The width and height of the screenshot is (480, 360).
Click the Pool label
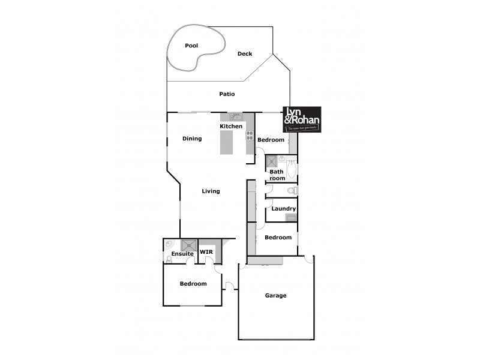[191, 46]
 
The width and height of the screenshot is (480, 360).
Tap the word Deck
[245, 54]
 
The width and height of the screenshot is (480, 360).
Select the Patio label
[227, 94]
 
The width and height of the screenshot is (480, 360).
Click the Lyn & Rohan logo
[302, 119]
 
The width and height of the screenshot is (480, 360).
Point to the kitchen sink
[236, 116]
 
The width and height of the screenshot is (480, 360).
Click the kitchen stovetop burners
[250, 136]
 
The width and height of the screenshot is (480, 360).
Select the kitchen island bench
[226, 143]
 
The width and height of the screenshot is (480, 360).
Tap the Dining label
[192, 139]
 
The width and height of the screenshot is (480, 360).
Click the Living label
[211, 191]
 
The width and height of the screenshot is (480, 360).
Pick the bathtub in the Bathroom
[292, 170]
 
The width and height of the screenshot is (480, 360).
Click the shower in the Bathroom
[272, 161]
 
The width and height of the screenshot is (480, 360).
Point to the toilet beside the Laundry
[292, 191]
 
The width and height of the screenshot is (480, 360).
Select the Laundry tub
[291, 217]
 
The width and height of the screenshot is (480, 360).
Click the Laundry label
[283, 209]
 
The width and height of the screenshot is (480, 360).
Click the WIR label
[206, 251]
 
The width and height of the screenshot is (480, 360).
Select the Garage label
[276, 295]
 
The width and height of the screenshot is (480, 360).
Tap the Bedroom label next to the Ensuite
[193, 284]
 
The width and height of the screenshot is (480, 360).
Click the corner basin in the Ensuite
[169, 244]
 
